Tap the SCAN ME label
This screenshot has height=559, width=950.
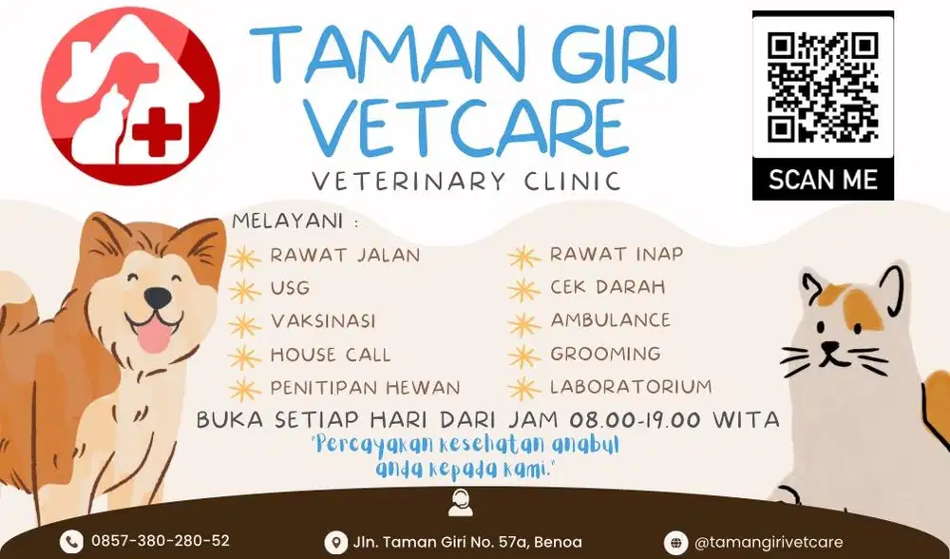tap(823, 179)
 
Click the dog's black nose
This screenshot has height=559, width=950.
tap(159, 299)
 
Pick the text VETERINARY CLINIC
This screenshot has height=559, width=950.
tap(467, 181)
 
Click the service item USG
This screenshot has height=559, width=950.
tap(290, 288)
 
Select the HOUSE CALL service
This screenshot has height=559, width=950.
tap(330, 355)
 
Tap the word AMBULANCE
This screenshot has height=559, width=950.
tap(610, 320)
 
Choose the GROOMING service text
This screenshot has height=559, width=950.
tap(605, 354)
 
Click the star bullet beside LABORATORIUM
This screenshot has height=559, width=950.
tap(523, 389)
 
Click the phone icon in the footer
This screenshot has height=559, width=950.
tap(71, 542)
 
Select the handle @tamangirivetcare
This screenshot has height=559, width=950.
tap(769, 542)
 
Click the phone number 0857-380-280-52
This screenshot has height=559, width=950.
tap(161, 541)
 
